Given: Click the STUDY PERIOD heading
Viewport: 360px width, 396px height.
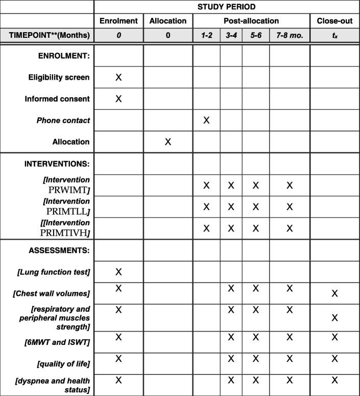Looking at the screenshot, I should click(x=227, y=7).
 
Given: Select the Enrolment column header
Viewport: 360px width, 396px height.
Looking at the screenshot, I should click(x=118, y=21).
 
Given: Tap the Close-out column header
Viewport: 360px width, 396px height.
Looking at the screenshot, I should click(x=334, y=21).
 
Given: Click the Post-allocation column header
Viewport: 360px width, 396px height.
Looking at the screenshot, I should click(x=251, y=21).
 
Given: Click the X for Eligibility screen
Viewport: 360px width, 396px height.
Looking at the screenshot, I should click(x=118, y=77).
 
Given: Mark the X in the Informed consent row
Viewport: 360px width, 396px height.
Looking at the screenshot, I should click(x=118, y=99).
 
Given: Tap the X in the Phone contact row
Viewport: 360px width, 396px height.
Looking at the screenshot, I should click(x=206, y=120).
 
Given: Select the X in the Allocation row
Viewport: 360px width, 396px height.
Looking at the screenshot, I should click(x=168, y=142).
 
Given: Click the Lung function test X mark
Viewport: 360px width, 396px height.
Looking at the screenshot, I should click(x=118, y=271).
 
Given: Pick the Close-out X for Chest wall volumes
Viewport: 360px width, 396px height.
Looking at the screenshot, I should click(x=334, y=293).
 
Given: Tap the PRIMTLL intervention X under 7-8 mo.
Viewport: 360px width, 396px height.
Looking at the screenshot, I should click(x=290, y=207).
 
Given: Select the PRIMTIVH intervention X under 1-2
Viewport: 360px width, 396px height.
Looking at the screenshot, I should click(x=206, y=228).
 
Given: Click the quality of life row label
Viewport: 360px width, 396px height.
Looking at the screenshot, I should click(x=66, y=363).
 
